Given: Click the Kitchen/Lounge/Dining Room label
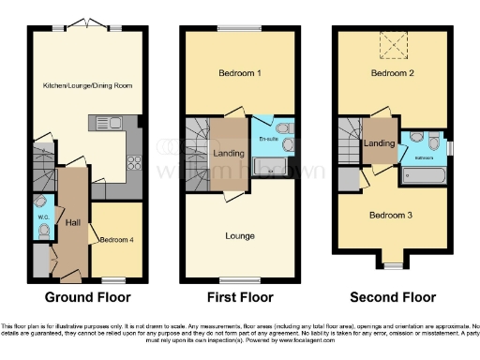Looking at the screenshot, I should click(x=86, y=86).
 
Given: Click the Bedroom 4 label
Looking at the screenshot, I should click(x=117, y=239).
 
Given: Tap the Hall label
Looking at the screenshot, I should click(x=72, y=221).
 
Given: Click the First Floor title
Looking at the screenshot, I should click(x=240, y=297).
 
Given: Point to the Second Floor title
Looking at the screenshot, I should click(x=393, y=297).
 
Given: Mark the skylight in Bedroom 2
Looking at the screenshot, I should click(x=388, y=44).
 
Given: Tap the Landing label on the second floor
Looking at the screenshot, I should click(x=380, y=143).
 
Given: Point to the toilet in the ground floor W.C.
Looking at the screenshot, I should click(x=43, y=232).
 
